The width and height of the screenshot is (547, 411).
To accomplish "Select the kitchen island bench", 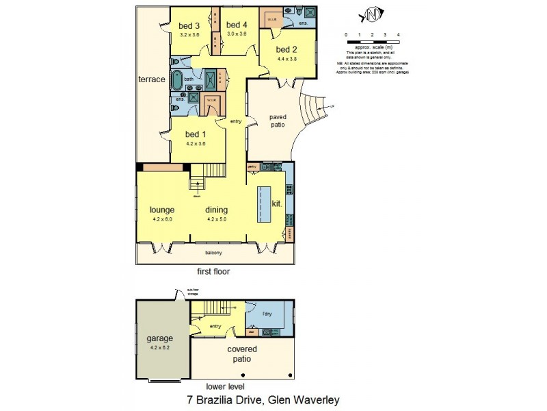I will click(264, 203).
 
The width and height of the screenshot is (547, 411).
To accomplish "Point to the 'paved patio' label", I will click(278, 121).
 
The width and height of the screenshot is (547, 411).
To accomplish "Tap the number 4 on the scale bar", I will click(398, 34).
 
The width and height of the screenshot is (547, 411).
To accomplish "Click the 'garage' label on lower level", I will click(161, 338).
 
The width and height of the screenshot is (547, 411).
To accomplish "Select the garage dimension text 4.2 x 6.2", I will click(161, 347).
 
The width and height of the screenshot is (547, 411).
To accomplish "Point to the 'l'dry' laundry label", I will click(268, 314).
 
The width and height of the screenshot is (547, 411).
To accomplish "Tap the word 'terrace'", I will click(152, 79).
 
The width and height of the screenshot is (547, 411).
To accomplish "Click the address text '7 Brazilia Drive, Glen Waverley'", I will click(263, 399).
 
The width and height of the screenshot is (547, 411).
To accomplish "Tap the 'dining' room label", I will click(217, 210).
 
